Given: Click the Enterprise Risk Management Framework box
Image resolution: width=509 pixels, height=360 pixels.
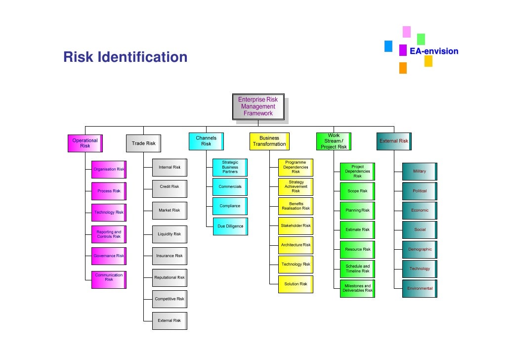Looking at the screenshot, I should tap(258, 106).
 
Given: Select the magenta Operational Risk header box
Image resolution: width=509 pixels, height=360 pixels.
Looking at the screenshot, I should tap(85, 143).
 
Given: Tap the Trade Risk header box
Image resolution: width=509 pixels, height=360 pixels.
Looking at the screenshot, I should tap(143, 143).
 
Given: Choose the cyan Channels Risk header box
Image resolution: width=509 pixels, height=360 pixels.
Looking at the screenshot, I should tap(206, 141).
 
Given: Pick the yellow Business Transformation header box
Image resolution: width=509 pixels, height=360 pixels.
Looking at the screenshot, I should tap(269, 141).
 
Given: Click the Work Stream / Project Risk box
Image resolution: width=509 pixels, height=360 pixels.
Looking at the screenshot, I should tap(334, 141).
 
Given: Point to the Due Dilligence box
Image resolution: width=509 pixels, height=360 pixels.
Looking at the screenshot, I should tap(230, 226).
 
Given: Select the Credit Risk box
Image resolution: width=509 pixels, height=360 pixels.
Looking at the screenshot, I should tap(169, 187).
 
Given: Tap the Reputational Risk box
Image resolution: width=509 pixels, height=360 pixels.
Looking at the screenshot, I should tap(169, 277).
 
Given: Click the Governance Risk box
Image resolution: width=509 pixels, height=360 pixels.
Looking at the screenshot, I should tap(109, 256).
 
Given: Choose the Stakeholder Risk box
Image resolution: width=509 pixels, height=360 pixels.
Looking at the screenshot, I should tap(296, 226).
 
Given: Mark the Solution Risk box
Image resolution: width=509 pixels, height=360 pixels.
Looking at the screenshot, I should tap(296, 284).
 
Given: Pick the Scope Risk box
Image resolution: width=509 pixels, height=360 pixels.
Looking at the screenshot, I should tap(357, 191).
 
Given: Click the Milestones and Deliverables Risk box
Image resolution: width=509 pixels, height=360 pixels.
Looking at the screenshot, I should tap(357, 288).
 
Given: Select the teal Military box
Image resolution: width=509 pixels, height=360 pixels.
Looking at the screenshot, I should tap(419, 171).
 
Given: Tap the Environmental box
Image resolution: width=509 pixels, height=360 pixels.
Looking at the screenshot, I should tap(420, 288).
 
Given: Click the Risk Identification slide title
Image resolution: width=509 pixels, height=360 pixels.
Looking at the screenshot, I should tap(125, 57).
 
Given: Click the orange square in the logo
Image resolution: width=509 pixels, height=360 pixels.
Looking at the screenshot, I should tap(403, 68).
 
